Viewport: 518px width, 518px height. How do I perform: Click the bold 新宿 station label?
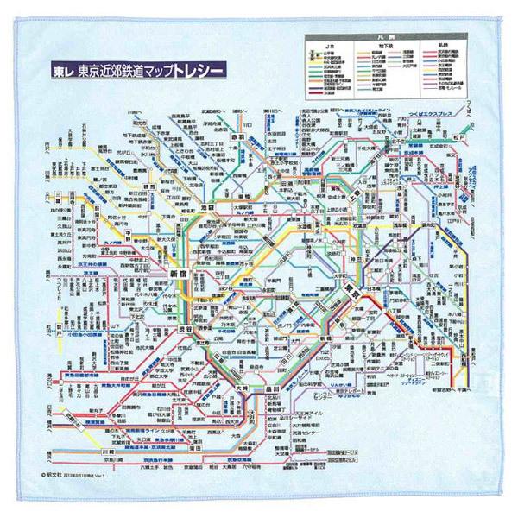(178, 273)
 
